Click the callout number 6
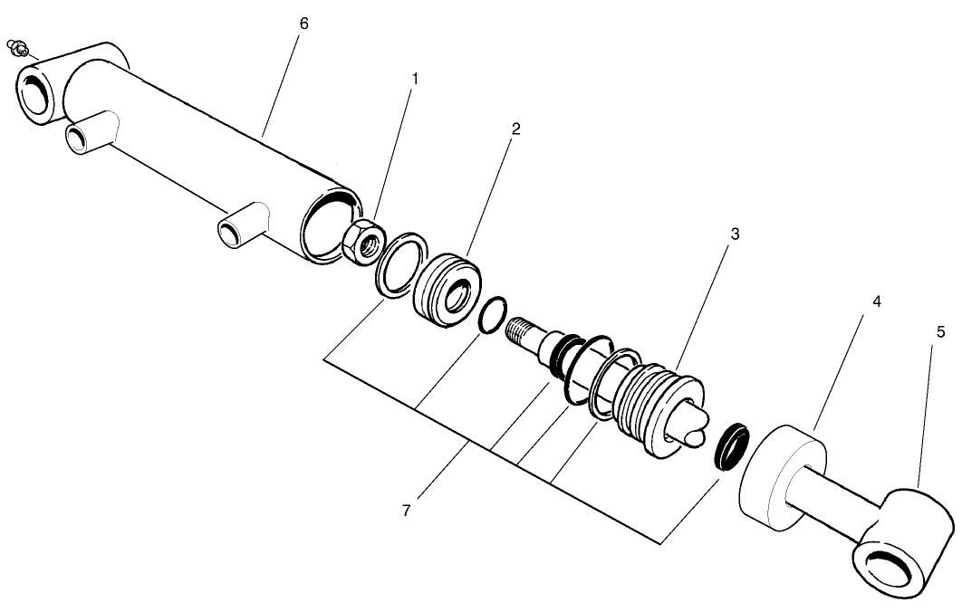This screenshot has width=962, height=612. (303, 24)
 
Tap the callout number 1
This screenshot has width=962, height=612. (415, 80)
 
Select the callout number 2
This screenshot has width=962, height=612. (515, 129)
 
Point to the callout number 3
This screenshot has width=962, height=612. (736, 234)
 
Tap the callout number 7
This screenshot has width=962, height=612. (408, 511)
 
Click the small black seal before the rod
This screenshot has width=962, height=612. (731, 445)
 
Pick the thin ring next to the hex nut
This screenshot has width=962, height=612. (399, 264)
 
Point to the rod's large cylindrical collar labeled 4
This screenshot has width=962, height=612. (781, 478)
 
